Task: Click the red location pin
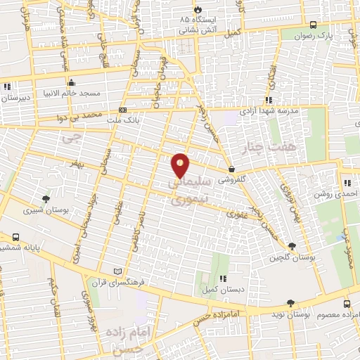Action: point(181,165)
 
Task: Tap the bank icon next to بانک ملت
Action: point(123,110)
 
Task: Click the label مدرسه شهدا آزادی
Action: point(271,111)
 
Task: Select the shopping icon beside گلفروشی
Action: point(231,169)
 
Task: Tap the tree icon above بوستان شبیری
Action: point(46,199)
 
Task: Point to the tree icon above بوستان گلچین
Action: point(292,246)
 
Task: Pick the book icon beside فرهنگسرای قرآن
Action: point(117,271)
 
